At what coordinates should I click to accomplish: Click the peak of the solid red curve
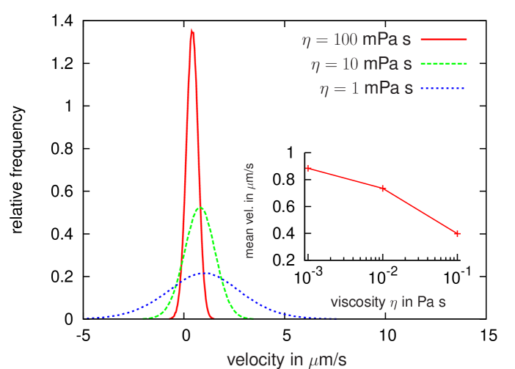coord(192,30)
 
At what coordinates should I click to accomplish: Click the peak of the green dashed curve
coord(200,208)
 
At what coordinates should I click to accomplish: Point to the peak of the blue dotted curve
coord(206,273)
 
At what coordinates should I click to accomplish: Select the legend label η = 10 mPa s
coord(362,64)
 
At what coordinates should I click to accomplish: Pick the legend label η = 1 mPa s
coord(366,89)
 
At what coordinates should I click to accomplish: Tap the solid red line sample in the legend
coord(444,39)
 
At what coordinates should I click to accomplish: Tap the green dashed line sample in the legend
coord(444,63)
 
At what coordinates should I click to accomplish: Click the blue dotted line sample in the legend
coord(444,88)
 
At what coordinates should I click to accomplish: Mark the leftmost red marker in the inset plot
coord(308,168)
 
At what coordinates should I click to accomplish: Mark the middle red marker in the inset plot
coord(384,189)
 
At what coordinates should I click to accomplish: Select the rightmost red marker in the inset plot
coord(457,233)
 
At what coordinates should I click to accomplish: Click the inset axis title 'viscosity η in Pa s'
coord(388,302)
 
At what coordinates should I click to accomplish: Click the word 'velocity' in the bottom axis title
coord(254,359)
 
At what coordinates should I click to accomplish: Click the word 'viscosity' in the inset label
coord(357,302)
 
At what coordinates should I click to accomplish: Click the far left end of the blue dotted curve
coord(87,318)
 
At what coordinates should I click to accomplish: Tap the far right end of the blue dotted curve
coord(336,318)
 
